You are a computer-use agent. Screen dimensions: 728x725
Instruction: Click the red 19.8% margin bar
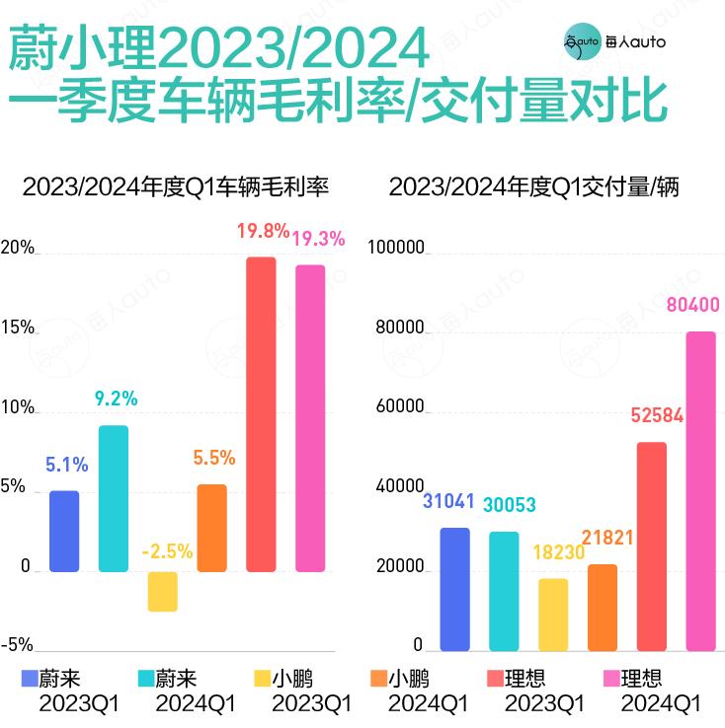pyautogui.click(x=261, y=414)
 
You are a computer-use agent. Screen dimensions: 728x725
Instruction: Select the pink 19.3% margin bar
pyautogui.click(x=310, y=418)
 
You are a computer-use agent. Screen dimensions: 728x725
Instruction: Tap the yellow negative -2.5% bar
pyautogui.click(x=162, y=592)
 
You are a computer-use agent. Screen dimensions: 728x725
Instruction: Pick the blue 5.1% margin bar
pyautogui.click(x=63, y=531)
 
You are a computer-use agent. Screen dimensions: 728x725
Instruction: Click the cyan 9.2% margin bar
pyautogui.click(x=113, y=498)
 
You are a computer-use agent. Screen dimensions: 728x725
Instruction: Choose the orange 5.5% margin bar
pyautogui.click(x=211, y=528)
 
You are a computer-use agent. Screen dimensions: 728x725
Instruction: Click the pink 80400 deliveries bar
pyautogui.click(x=700, y=491)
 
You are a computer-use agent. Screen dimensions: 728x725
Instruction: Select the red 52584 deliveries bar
pyautogui.click(x=651, y=546)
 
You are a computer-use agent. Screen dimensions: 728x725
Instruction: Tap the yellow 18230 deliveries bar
pyautogui.click(x=553, y=615)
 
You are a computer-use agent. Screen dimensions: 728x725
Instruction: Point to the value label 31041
pyautogui.click(x=453, y=501)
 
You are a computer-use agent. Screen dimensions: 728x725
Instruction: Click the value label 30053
pyautogui.click(x=509, y=505)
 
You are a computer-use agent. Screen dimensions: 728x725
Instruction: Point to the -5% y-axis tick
pyautogui.click(x=17, y=645)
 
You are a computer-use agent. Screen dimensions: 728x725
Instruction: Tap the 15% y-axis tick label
pyautogui.click(x=18, y=328)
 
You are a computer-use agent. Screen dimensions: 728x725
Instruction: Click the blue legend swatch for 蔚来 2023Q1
pyautogui.click(x=30, y=679)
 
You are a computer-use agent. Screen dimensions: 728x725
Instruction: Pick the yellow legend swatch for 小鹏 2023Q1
pyautogui.click(x=262, y=679)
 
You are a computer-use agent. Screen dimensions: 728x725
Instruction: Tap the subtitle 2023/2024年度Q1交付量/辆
pyautogui.click(x=533, y=186)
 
